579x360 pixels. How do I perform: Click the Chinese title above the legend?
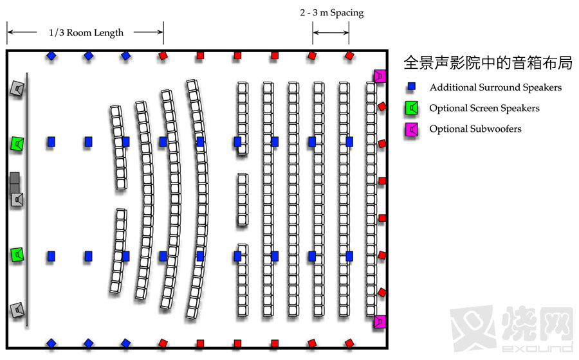click(x=488, y=63)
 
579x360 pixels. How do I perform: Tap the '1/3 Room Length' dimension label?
click(x=86, y=33)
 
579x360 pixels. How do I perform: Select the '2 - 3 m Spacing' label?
click(x=331, y=13)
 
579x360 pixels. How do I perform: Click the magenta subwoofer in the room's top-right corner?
click(x=380, y=76)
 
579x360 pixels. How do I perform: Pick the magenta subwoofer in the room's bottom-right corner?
click(x=380, y=321)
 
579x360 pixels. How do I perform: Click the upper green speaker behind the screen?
click(x=17, y=143)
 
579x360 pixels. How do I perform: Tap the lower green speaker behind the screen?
click(x=17, y=255)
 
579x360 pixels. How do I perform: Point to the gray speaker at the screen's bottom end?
click(x=17, y=311)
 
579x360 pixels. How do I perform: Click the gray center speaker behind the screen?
click(x=17, y=198)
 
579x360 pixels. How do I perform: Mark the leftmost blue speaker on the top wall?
click(x=51, y=56)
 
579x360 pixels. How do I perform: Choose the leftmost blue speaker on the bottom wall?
click(x=51, y=343)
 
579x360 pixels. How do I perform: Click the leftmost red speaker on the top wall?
click(x=163, y=56)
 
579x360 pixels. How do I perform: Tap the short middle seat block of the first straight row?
click(x=242, y=199)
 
